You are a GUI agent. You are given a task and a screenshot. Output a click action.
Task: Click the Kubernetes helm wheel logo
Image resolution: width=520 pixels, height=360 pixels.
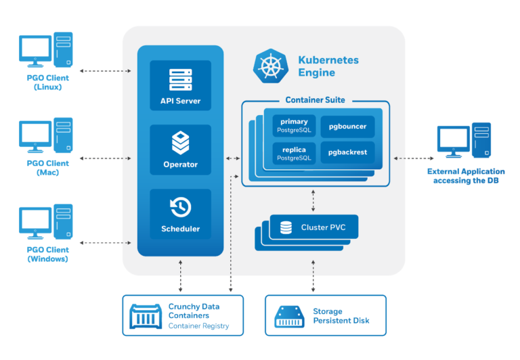pyautogui.click(x=271, y=66)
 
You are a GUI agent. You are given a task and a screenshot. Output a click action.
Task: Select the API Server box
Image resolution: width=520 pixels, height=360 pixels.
pyautogui.click(x=180, y=86)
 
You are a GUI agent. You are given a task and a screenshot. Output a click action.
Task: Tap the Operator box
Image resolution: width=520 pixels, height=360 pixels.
pyautogui.click(x=180, y=150)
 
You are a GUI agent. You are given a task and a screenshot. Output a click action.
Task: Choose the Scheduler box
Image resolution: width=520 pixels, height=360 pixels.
pyautogui.click(x=180, y=214)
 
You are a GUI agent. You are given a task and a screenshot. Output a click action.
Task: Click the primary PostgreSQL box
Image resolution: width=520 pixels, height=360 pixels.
pyautogui.click(x=294, y=125)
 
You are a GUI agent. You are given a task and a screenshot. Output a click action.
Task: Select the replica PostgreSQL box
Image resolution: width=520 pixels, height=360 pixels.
pyautogui.click(x=294, y=153)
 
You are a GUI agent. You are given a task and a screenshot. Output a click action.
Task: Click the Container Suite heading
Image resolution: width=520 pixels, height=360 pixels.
pyautogui.click(x=315, y=100)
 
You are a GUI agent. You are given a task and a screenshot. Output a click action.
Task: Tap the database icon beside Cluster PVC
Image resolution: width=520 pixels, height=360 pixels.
pyautogui.click(x=286, y=227)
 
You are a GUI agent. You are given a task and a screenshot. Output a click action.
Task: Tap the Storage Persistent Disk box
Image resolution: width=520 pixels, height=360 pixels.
pyautogui.click(x=325, y=315)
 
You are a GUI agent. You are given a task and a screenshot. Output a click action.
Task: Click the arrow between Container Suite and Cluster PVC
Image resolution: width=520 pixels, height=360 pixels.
pyautogui.click(x=313, y=200)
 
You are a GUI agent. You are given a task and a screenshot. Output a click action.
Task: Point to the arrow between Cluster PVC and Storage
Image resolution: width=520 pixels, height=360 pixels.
pyautogui.click(x=313, y=275)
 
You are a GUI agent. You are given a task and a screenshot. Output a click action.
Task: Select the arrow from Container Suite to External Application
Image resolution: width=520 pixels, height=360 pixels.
pyautogui.click(x=410, y=158)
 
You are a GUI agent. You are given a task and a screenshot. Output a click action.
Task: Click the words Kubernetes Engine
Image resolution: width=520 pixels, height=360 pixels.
pyautogui.click(x=328, y=66)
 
